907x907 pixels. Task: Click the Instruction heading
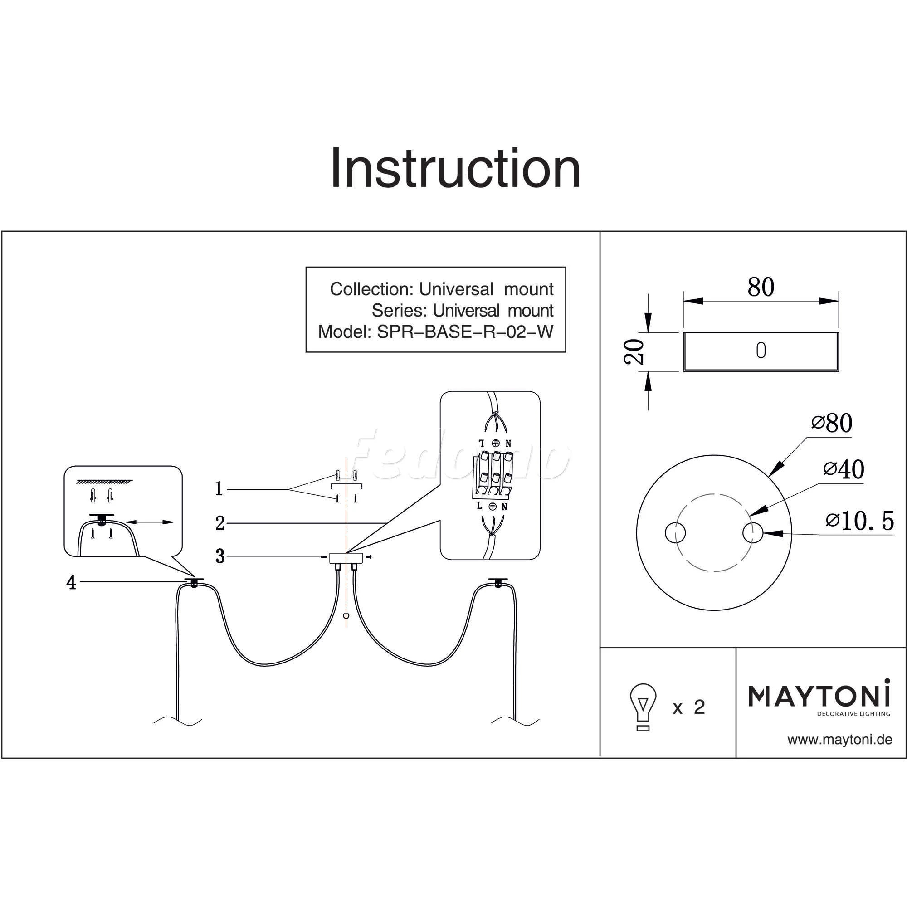click(x=455, y=168)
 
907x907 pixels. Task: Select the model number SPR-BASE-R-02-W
click(x=465, y=332)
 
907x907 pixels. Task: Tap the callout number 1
click(x=219, y=489)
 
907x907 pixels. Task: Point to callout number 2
click(x=219, y=523)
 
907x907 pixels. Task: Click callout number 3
click(x=219, y=556)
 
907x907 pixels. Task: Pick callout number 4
click(x=71, y=583)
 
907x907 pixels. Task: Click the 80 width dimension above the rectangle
click(x=761, y=288)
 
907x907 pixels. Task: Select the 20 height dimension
click(x=635, y=351)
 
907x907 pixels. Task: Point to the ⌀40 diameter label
click(x=844, y=469)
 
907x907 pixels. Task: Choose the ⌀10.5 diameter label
click(x=859, y=521)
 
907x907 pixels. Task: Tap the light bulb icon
click(x=643, y=707)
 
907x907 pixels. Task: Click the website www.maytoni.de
click(x=839, y=740)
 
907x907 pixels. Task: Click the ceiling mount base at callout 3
click(x=346, y=557)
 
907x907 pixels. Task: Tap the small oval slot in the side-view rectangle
click(x=761, y=351)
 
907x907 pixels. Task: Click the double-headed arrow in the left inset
click(x=150, y=522)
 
